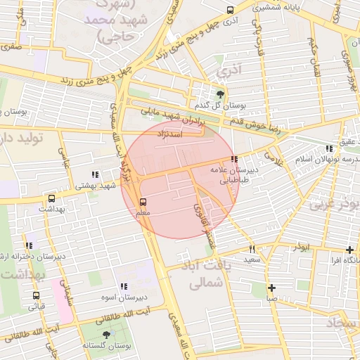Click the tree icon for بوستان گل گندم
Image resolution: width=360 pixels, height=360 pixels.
(221, 94)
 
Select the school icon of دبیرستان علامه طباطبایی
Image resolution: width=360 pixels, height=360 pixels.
(233, 159)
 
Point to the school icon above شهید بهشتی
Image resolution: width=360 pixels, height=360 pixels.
(94, 174)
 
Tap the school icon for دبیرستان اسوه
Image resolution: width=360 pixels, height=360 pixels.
(124, 286)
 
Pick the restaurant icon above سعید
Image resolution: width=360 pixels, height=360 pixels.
(252, 249)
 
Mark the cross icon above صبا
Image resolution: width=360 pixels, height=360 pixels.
(271, 287)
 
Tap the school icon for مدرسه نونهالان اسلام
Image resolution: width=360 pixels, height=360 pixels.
(329, 148)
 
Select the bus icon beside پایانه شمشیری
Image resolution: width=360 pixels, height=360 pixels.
(231, 10)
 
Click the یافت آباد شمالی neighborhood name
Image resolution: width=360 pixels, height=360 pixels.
(207, 274)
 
